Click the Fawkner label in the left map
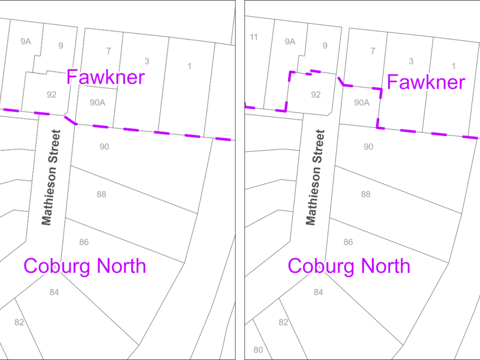[x=106, y=77]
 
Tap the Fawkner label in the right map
[x=426, y=82]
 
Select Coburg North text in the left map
[x=85, y=265]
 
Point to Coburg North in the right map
[x=349, y=265]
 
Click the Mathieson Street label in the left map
[x=52, y=178]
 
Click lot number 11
[x=254, y=37]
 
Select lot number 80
[x=258, y=350]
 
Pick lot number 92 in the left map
[x=52, y=94]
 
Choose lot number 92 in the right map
[x=316, y=95]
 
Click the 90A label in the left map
[x=98, y=103]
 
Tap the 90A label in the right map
[x=361, y=103]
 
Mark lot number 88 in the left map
[x=101, y=194]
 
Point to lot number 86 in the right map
[x=348, y=242]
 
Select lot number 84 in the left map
[x=55, y=292]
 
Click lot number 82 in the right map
[x=284, y=322]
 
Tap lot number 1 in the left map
[x=190, y=66]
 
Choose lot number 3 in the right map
[x=411, y=61]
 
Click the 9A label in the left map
[x=25, y=41]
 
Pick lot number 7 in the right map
[x=373, y=51]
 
